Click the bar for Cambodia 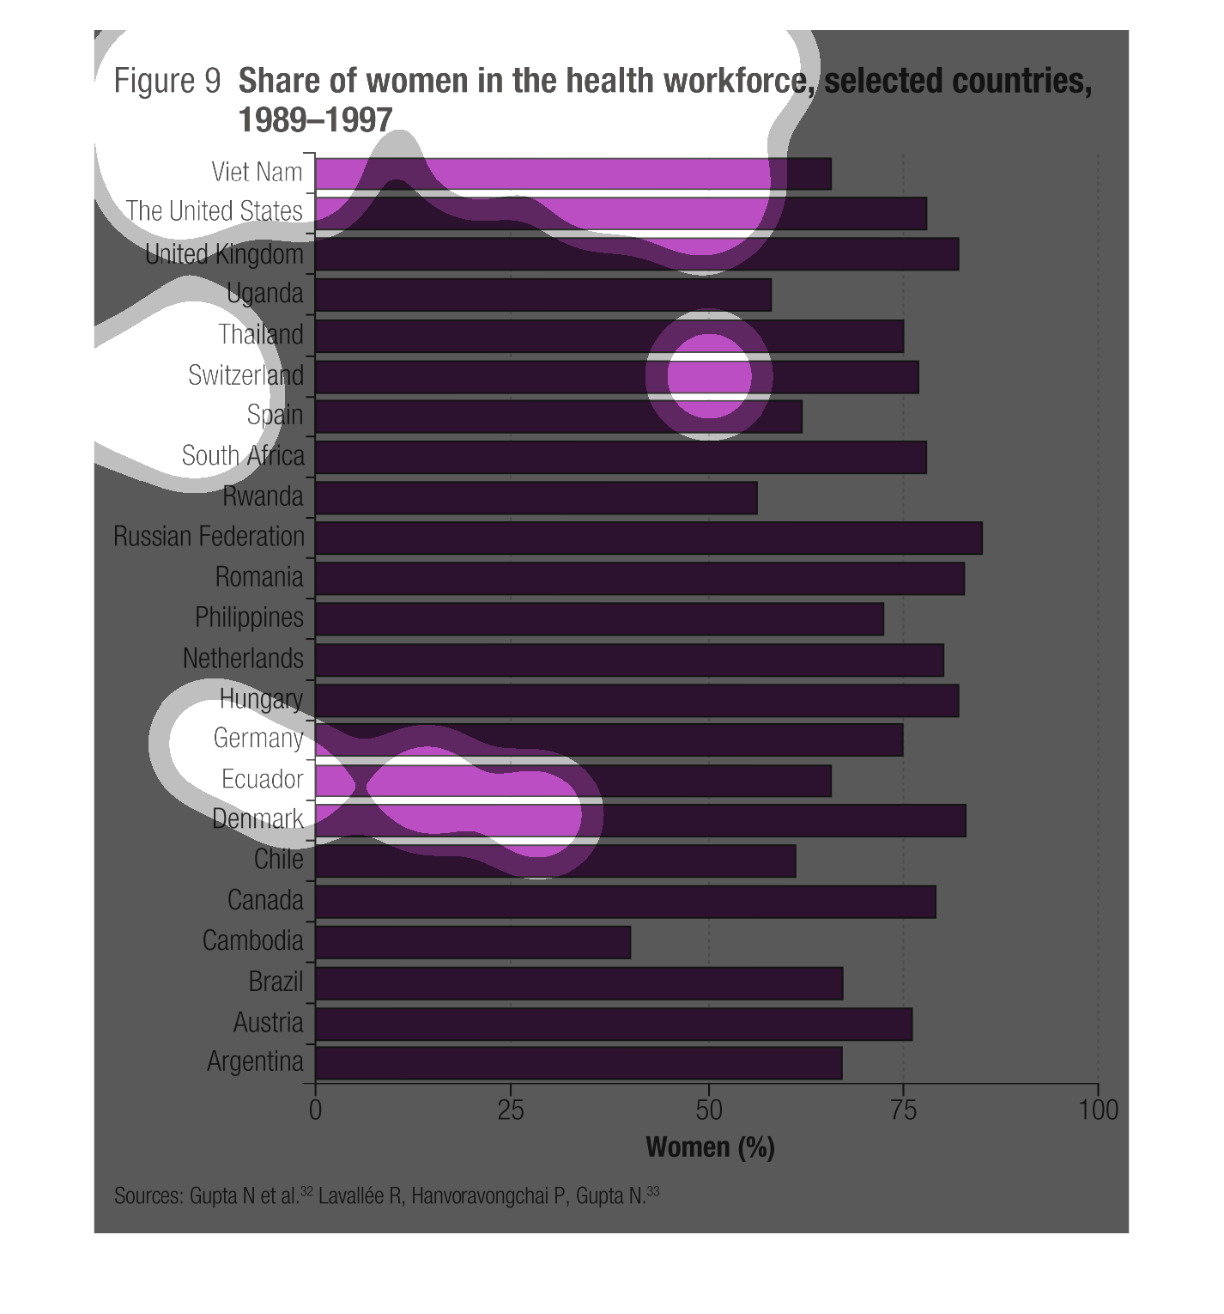[473, 942]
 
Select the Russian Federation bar [649, 538]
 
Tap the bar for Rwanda [536, 497]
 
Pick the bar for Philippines [599, 618]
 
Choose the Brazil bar [579, 982]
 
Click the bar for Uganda [543, 295]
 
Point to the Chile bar [555, 861]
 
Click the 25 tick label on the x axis [511, 1110]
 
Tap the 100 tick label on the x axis [1098, 1110]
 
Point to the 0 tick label [316, 1110]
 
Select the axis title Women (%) [710, 1147]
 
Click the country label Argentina [255, 1062]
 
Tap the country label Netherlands [243, 659]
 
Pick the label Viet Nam [257, 172]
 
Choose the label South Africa [243, 456]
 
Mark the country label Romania [259, 577]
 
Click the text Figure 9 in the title [167, 82]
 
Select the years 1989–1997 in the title [315, 120]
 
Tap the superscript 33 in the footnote [654, 1191]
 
